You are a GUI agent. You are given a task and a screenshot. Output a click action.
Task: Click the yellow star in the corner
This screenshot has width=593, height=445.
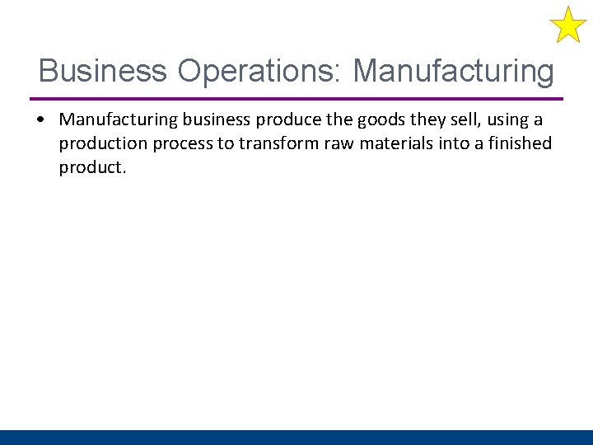(x=567, y=25)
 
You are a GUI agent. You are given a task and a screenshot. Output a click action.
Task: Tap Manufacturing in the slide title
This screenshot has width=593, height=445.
(x=454, y=71)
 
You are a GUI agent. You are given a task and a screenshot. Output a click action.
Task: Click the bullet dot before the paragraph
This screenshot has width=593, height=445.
(x=41, y=120)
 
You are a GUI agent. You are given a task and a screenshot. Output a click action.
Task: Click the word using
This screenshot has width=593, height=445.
(x=507, y=120)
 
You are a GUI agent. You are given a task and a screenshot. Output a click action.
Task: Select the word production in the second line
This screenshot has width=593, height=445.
(x=100, y=144)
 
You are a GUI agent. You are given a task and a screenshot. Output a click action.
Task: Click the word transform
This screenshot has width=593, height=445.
(x=276, y=144)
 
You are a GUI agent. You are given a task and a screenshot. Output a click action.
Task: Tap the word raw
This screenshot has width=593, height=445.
(x=335, y=144)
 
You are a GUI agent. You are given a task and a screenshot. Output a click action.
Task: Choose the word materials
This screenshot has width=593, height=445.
(x=391, y=144)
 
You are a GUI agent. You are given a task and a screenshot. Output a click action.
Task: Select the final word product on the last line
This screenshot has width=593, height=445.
(x=91, y=168)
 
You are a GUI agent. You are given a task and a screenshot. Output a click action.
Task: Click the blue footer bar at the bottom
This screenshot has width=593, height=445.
(x=296, y=438)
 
